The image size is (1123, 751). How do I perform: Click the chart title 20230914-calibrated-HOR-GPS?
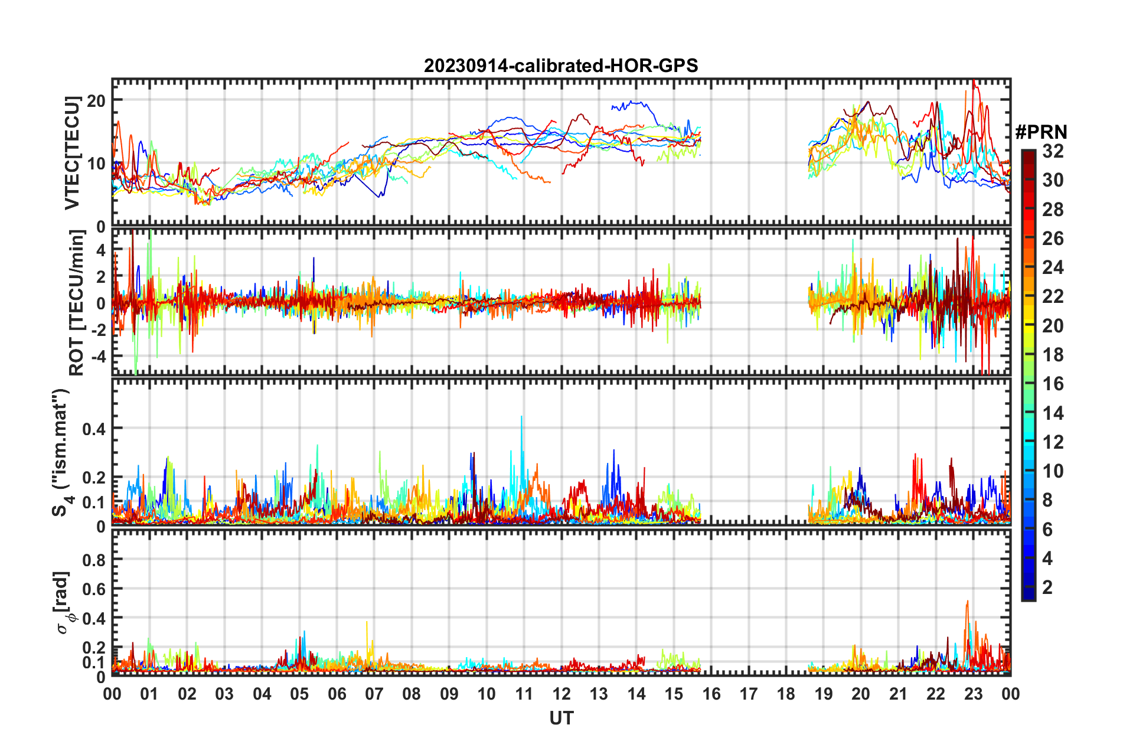tap(561, 66)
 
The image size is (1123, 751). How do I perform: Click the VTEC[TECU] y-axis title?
tap(72, 153)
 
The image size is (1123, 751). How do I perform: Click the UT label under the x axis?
tap(561, 719)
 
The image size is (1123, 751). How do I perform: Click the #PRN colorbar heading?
tap(1042, 132)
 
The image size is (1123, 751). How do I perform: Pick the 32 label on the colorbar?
tap(1053, 151)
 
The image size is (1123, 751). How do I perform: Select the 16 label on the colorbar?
tap(1053, 384)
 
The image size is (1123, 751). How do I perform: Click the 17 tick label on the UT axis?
tap(749, 694)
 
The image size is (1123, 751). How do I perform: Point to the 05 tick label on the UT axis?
tap(299, 694)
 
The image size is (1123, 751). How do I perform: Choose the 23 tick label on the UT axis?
tap(973, 694)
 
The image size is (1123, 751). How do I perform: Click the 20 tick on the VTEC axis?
tap(96, 100)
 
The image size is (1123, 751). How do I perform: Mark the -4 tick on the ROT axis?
tap(97, 357)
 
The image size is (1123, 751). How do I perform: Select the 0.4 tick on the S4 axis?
tap(94, 429)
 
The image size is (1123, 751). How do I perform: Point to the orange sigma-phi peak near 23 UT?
tap(967, 602)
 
